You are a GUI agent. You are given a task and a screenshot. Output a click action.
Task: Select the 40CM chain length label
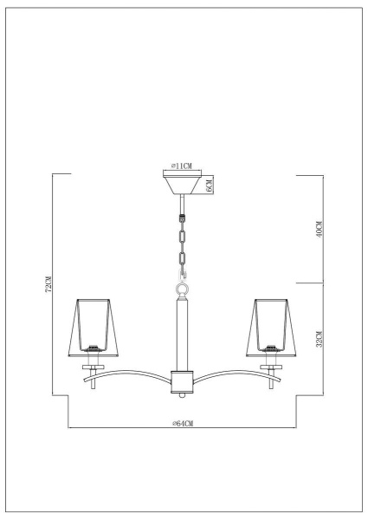[319, 230]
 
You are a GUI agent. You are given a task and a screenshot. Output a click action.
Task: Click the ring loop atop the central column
[183, 289]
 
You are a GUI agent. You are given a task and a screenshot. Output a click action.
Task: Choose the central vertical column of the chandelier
[183, 334]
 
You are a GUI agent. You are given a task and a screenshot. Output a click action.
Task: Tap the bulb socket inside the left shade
[91, 348]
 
